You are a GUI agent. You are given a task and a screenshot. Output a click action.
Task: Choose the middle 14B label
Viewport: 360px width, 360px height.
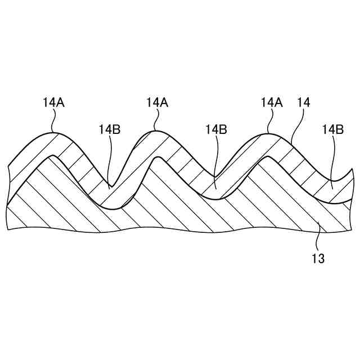tap(215, 129)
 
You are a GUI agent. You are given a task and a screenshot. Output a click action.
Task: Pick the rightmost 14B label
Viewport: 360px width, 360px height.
tap(332, 129)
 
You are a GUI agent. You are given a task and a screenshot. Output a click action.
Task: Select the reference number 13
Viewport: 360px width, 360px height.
tap(318, 259)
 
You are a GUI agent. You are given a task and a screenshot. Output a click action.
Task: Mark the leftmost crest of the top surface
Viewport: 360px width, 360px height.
tap(52, 132)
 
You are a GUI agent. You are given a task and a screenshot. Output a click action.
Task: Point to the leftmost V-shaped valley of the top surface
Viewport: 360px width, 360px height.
tap(111, 185)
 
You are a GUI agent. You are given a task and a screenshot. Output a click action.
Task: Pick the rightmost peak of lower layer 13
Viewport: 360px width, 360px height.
tap(269, 158)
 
